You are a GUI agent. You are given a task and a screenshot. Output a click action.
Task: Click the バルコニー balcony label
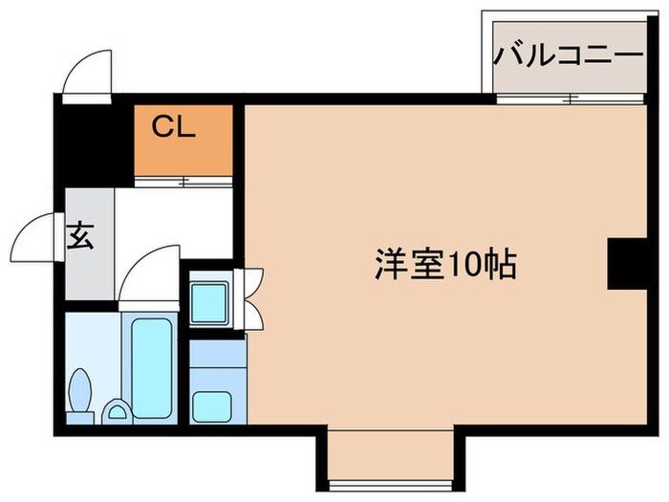click(568, 55)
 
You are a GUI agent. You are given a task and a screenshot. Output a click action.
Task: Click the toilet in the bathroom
click(81, 394)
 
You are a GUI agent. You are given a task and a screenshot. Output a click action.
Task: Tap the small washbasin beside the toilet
click(117, 412)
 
